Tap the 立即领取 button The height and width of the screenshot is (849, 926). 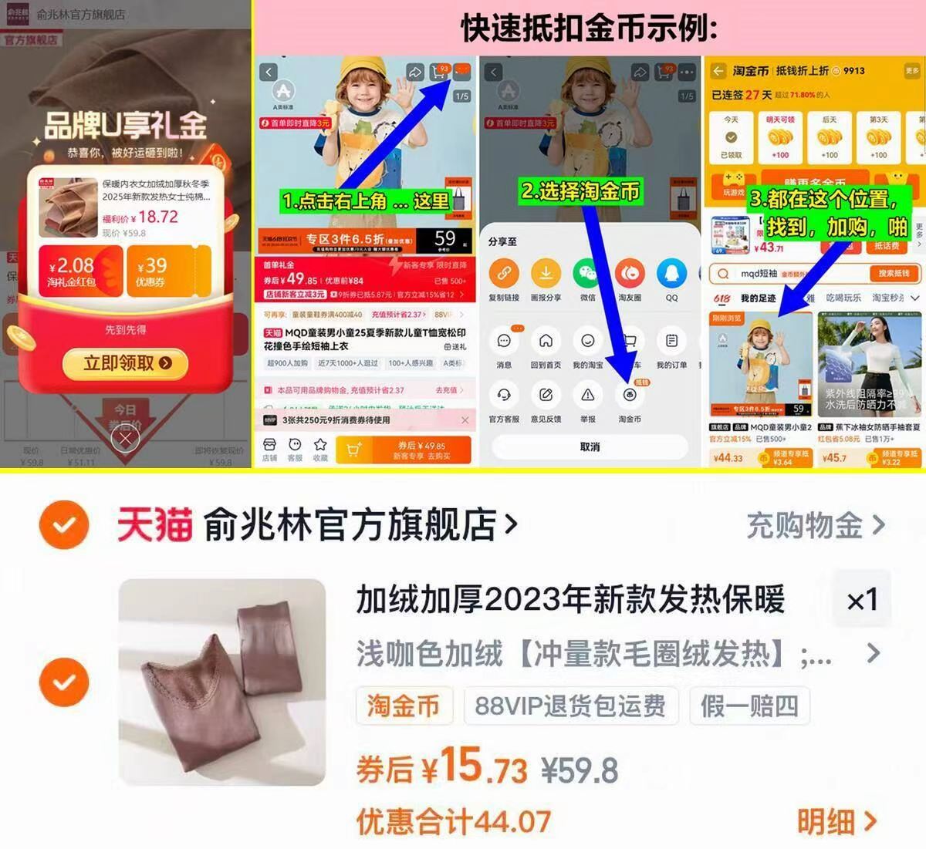coord(126,363)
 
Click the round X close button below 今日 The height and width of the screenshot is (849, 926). coord(125,440)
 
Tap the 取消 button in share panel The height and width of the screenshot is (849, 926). coord(590,446)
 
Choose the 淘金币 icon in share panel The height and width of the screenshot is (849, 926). coord(630,395)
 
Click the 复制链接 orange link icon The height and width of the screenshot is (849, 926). coord(504,274)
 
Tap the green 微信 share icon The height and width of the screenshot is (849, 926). coord(587,274)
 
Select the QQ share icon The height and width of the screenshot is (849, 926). coord(671,274)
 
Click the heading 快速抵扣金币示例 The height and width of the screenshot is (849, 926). coord(590,29)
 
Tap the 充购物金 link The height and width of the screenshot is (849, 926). coord(815,526)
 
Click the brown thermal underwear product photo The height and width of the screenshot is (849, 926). coord(222,682)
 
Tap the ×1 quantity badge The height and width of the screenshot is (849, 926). coord(862,600)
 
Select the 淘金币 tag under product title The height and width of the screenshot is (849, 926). coord(403,705)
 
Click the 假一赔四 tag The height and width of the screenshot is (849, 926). coord(749,705)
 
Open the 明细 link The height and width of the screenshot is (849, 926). coord(836,821)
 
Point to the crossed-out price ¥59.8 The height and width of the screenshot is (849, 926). coord(580,770)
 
